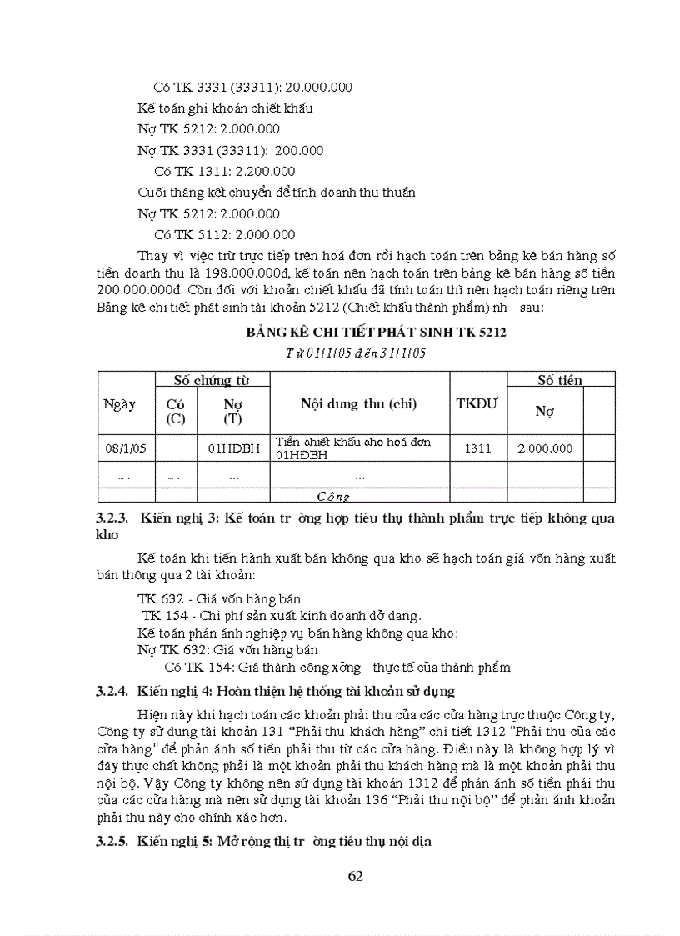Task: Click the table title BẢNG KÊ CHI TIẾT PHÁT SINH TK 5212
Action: point(376,333)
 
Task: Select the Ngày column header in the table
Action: point(119,404)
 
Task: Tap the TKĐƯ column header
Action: point(477,403)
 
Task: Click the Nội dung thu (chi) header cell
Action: point(359,403)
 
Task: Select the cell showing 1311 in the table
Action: point(477,448)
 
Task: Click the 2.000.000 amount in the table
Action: point(545,448)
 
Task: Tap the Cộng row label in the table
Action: point(333,496)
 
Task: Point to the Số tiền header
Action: point(560,381)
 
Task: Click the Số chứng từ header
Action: point(212,381)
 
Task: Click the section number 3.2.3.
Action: point(112,518)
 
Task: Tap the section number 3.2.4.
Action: point(112,691)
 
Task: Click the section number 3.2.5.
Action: point(112,842)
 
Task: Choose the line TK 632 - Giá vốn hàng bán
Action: point(219,599)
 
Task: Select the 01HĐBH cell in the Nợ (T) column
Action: point(233,448)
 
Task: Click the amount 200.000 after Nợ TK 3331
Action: point(299,151)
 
